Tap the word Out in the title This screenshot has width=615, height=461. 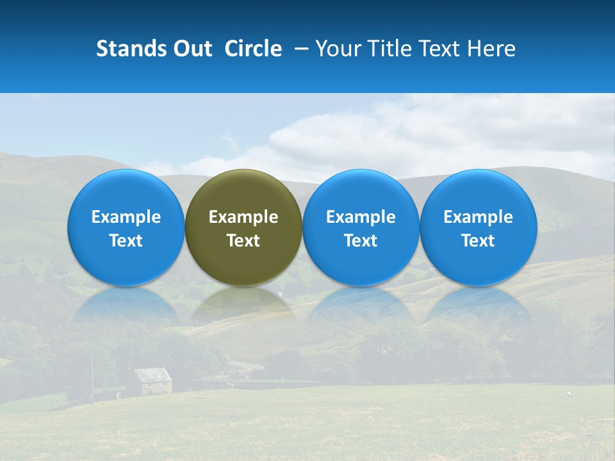coord(192,49)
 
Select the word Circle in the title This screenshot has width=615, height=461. coord(253,49)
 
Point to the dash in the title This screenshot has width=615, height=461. coord(301,49)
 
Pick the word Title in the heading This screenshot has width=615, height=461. coord(385,49)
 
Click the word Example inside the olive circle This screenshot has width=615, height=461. coord(243,217)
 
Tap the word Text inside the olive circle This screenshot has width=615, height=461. coord(243,241)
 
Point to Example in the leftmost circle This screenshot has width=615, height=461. coord(126,217)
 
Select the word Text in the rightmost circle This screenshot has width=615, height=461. coord(479,241)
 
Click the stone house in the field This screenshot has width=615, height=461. coord(153,383)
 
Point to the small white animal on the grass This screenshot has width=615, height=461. coord(568,392)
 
